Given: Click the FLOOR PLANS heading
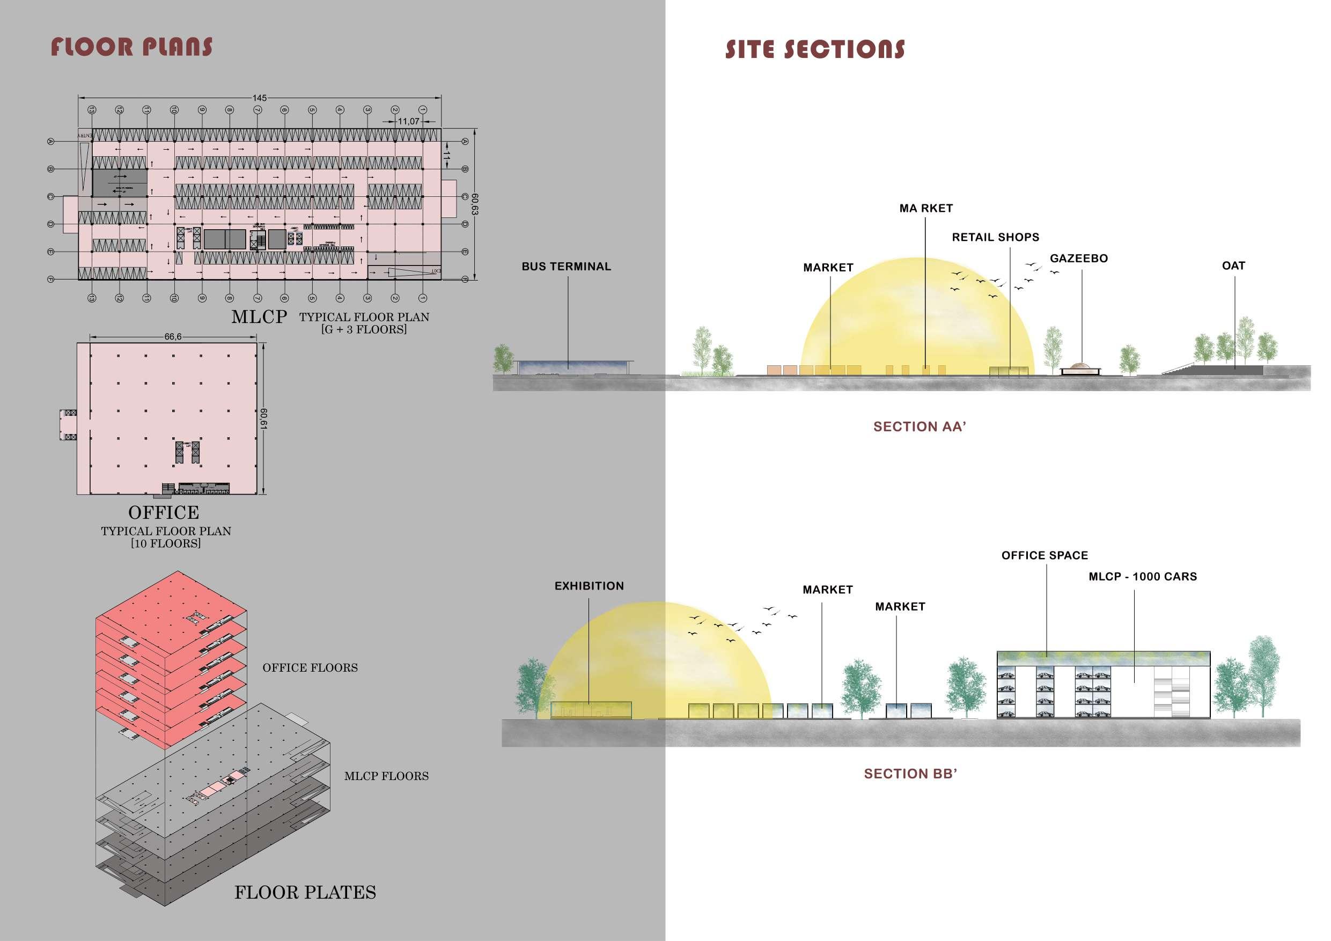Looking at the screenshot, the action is tap(131, 48).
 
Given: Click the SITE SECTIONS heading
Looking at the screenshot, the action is tap(814, 50).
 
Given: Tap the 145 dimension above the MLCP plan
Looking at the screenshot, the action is tap(259, 98).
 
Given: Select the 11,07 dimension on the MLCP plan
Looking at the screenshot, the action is tap(408, 121).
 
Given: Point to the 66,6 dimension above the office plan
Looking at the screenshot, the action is tap(173, 337).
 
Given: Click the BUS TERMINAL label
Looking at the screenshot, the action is tap(566, 267).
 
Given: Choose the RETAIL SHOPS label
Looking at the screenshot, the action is tap(995, 237).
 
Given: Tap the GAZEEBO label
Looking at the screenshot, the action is tap(1078, 259).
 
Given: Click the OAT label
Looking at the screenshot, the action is tap(1233, 266).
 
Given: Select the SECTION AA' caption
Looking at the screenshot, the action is tap(920, 427).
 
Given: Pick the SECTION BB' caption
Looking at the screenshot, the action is tap(910, 774).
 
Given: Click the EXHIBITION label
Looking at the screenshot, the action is tap(589, 586).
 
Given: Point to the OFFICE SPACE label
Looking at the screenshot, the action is tap(1045, 555).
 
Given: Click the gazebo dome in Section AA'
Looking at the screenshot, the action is tap(1078, 366).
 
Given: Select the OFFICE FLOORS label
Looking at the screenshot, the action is tap(310, 668).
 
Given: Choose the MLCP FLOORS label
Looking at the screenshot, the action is tap(386, 776).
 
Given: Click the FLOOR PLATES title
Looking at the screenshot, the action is tap(305, 892).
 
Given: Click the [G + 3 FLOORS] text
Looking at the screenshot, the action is tap(364, 329).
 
